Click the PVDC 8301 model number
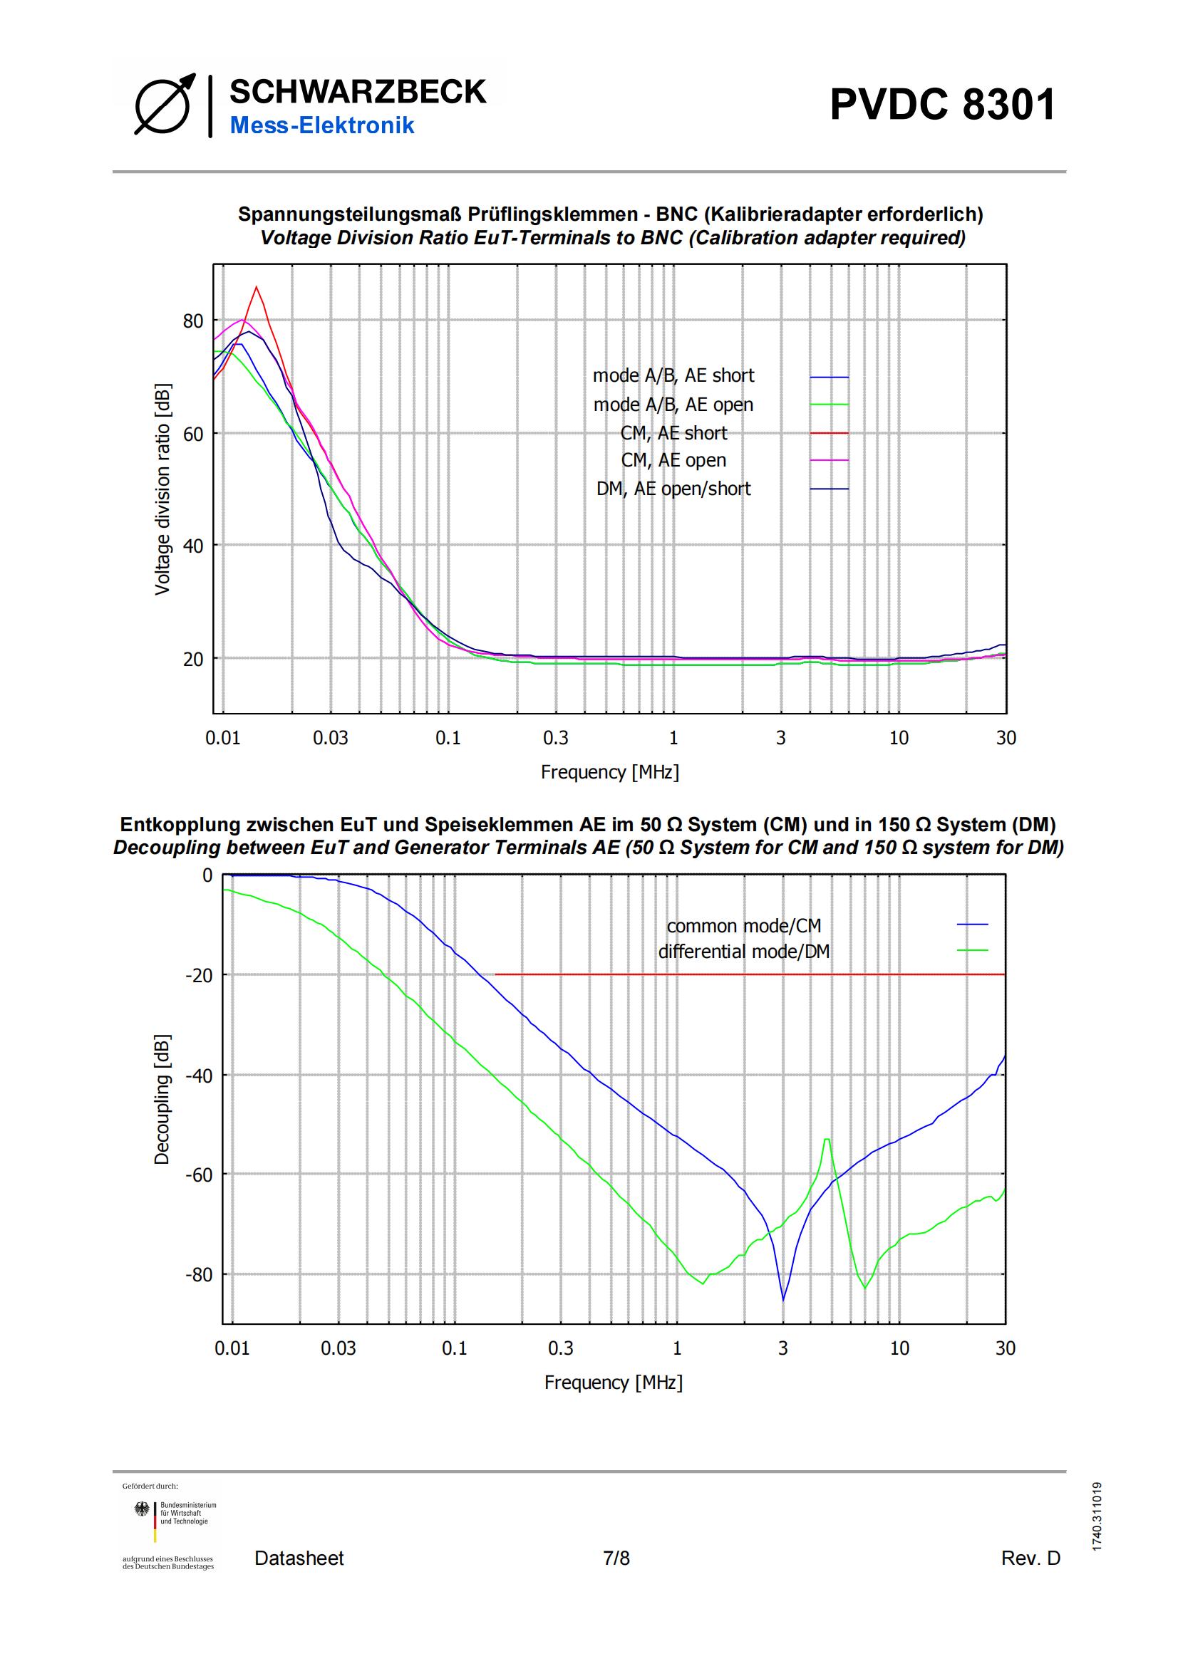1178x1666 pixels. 942,105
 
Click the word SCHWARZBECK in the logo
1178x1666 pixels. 358,92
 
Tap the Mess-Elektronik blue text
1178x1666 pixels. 321,125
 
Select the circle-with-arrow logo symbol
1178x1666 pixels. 165,104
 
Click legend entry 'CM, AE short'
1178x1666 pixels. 673,433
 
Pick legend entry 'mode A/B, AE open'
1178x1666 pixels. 673,404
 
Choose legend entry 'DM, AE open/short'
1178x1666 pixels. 673,489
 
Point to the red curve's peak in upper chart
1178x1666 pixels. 257,287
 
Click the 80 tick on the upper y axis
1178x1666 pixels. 193,321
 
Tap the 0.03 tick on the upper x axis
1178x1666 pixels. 330,738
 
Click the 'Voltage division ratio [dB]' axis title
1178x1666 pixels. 162,489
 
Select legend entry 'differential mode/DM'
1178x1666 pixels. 743,951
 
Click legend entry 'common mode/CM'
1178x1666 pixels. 744,926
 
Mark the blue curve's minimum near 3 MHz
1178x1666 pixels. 783,1300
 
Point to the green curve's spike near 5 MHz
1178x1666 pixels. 827,1140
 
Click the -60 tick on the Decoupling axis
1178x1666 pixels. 199,1175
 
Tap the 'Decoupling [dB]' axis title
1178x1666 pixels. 161,1099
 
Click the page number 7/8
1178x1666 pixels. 616,1558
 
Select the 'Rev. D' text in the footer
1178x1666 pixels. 1030,1558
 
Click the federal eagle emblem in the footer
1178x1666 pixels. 143,1509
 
